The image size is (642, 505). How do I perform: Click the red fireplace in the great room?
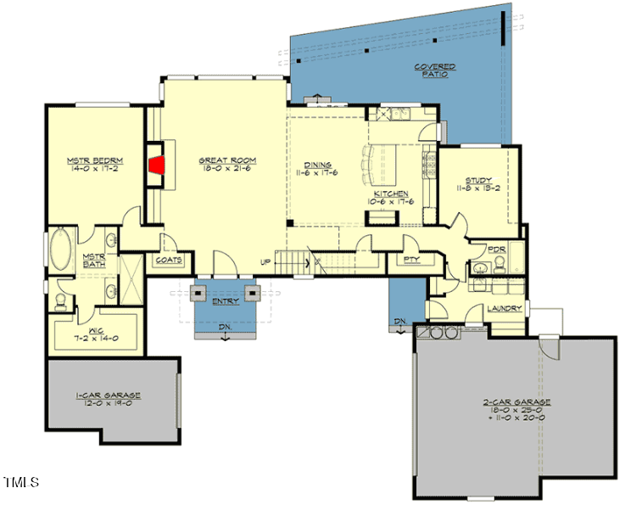point(157,164)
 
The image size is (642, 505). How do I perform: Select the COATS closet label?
point(169,261)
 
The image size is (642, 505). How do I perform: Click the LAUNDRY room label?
point(504,308)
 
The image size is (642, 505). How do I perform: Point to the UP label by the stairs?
point(265,261)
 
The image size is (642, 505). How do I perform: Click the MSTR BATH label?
point(93,261)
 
